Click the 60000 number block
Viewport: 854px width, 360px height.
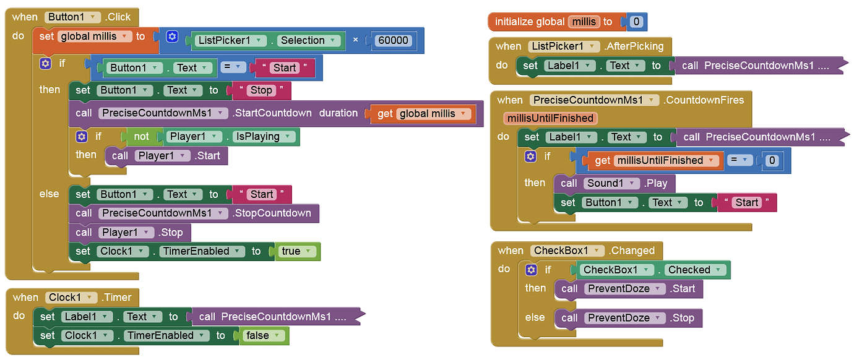[393, 41]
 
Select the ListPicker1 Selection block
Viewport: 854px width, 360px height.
[267, 41]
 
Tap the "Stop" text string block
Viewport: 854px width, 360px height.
[261, 90]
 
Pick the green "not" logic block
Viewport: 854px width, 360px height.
[141, 137]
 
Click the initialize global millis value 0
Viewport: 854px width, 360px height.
[636, 22]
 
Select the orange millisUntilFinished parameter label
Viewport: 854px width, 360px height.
[550, 118]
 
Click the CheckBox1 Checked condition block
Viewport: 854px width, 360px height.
[654, 270]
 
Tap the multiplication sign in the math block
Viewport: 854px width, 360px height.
[355, 40]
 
